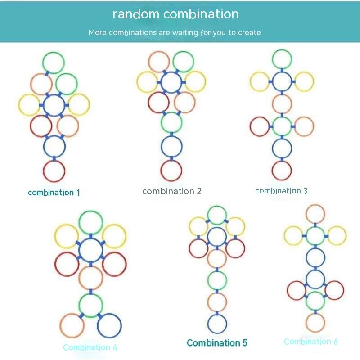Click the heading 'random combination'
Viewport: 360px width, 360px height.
click(175, 14)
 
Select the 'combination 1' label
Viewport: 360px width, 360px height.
click(54, 193)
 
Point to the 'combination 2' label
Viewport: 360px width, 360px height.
click(172, 191)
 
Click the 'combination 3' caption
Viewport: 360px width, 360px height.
click(281, 191)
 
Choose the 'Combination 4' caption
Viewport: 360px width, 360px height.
click(90, 347)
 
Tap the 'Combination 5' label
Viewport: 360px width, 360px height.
click(217, 343)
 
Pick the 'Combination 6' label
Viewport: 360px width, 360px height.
click(310, 342)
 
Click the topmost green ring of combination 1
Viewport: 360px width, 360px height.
click(54, 63)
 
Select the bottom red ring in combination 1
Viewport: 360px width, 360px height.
click(54, 171)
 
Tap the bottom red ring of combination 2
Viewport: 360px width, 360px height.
click(171, 171)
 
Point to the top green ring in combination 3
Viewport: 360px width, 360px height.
click(282, 59)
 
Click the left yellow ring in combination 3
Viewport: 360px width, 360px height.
click(260, 82)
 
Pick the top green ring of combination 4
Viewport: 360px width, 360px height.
click(90, 222)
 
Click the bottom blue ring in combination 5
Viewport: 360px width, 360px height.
click(217, 324)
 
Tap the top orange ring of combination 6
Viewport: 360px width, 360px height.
click(315, 214)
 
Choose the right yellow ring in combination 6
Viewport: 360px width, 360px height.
click(337, 236)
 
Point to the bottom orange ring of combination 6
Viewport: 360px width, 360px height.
click(315, 322)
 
